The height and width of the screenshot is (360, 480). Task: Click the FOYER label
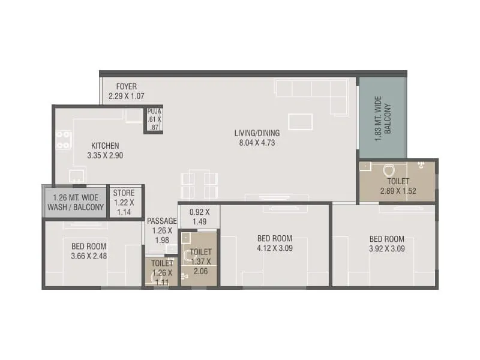pos(127,86)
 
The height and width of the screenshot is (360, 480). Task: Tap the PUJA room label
pos(154,111)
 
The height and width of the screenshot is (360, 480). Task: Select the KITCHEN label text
pos(105,145)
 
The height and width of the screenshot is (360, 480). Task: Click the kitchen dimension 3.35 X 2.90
pos(105,155)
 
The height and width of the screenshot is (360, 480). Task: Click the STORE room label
pos(124,193)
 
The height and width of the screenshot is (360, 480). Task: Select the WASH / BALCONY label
pos(75,207)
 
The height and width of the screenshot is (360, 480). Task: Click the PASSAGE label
pos(162,221)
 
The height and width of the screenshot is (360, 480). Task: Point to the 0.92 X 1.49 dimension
pos(199,217)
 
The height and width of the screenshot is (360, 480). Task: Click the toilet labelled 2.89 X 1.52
pos(398,186)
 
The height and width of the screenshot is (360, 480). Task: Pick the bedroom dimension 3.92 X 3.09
pos(386,248)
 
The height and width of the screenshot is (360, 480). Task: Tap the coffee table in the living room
pos(300,122)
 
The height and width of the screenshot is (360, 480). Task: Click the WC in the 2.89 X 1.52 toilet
pos(388,170)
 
